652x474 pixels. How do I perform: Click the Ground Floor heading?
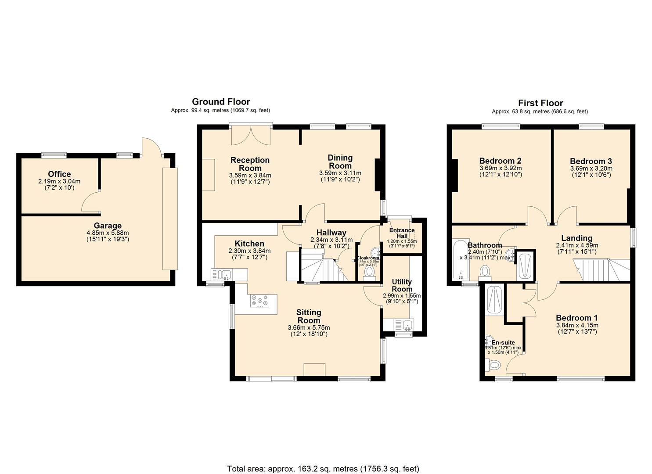coord(221,102)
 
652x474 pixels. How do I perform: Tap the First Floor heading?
coord(540,103)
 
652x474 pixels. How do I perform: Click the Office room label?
coord(59,174)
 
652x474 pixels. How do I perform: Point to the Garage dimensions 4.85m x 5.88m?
coord(108,233)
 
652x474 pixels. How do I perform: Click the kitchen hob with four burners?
coord(259,301)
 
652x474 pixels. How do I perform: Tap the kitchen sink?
coord(226,275)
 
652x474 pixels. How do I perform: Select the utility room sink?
coord(407,325)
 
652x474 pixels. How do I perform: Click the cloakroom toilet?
coord(370,273)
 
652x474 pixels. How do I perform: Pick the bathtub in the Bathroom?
coord(460,260)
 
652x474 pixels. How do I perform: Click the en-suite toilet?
coord(494,364)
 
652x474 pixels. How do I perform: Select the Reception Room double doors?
coord(251,135)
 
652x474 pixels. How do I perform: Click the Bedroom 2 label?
coord(500,161)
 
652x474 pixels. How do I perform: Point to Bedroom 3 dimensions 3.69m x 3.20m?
coord(591,169)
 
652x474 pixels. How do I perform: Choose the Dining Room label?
coord(340,162)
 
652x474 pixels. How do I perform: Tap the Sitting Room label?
coord(309,316)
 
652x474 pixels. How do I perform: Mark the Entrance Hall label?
coord(402,233)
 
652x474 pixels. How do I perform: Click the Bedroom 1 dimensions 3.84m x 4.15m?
coord(577,325)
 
